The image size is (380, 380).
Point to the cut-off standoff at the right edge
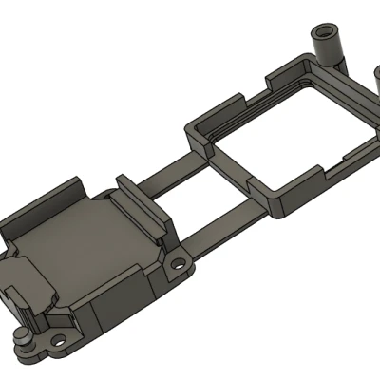point(373,81)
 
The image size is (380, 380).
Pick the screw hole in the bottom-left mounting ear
point(59,337)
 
